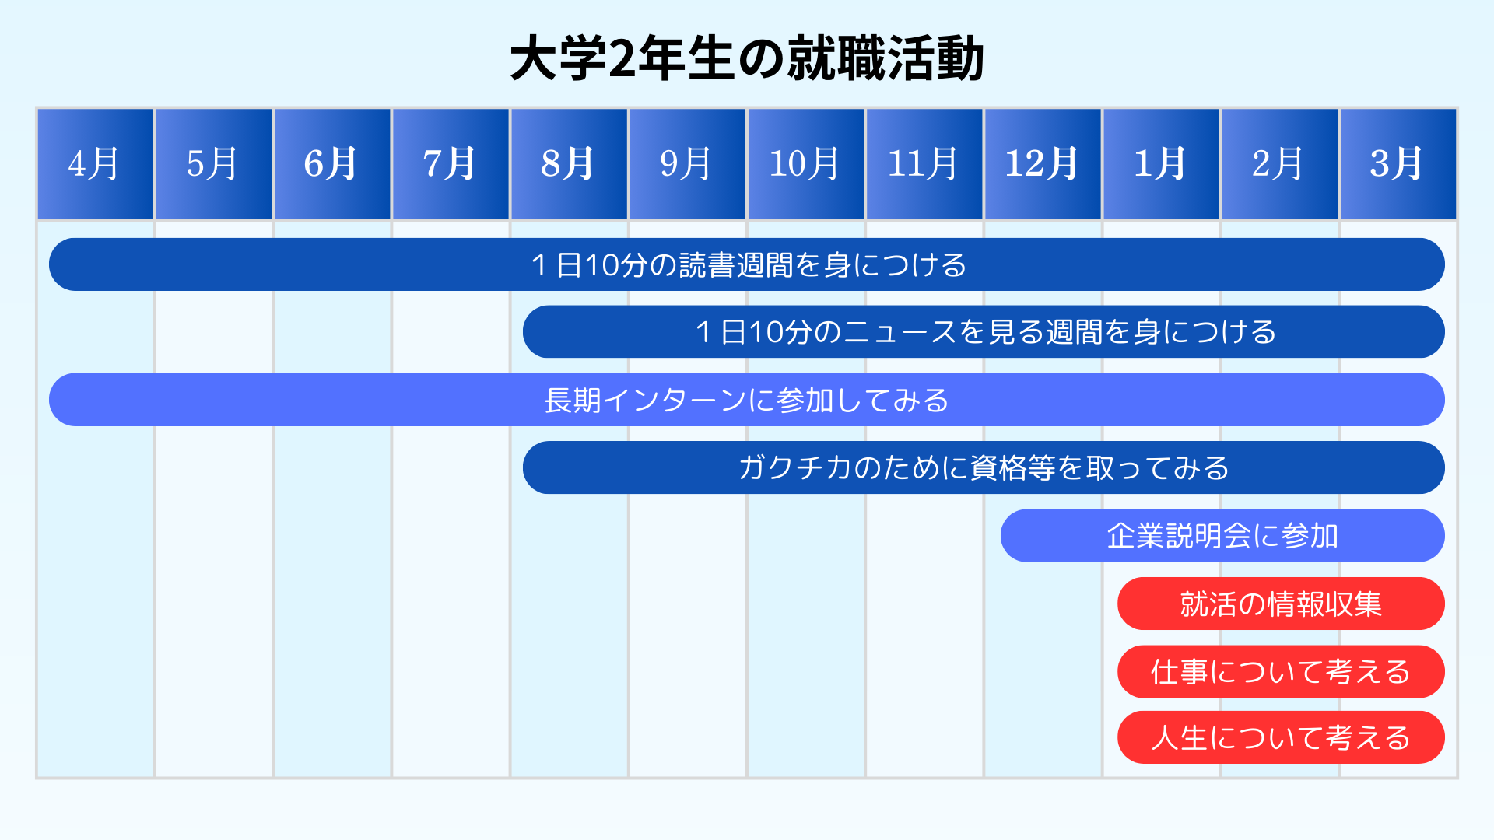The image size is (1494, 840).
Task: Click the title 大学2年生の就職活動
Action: (x=747, y=59)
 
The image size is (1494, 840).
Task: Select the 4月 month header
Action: (x=96, y=164)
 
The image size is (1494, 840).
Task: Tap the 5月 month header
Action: (x=214, y=164)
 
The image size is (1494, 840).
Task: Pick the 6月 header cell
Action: (x=332, y=164)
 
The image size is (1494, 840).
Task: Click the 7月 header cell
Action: (x=451, y=164)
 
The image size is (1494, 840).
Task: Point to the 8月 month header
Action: (x=570, y=164)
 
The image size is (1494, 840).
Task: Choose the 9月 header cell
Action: (x=688, y=164)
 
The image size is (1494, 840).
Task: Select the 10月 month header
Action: (x=806, y=164)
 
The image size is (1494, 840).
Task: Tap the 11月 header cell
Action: (x=924, y=164)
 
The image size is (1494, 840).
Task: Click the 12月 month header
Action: (x=1043, y=164)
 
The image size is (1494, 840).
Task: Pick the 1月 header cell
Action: (x=1161, y=164)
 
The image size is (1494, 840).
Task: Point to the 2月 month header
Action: (x=1279, y=164)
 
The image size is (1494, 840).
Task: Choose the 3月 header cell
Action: (x=1398, y=164)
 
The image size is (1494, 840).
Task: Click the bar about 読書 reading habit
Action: (x=747, y=264)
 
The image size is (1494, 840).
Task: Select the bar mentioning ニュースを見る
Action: (x=984, y=332)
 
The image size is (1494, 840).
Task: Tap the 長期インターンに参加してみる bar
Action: (x=747, y=400)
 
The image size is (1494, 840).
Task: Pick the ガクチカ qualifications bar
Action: (x=984, y=467)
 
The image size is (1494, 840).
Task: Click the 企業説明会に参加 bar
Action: (x=1222, y=536)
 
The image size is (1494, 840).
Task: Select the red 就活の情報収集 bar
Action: (x=1281, y=604)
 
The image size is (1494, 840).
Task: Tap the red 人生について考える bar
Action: (x=1281, y=737)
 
